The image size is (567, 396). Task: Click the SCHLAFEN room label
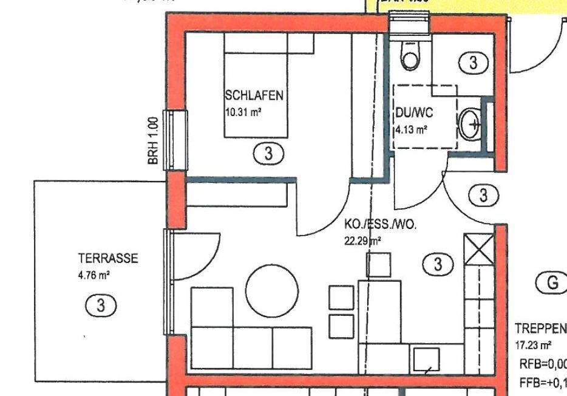coord(254,95)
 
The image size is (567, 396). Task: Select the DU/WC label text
coord(414,113)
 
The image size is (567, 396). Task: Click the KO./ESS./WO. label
coord(380,225)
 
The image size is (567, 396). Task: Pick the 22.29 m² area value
coord(362,241)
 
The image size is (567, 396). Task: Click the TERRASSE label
coord(108,259)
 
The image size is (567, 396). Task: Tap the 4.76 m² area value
coord(93,275)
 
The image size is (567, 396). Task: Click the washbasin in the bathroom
coord(471,124)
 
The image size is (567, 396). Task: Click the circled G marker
coord(551,282)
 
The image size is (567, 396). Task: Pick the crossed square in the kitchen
coord(479,249)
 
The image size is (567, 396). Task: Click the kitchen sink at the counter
coord(426,360)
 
